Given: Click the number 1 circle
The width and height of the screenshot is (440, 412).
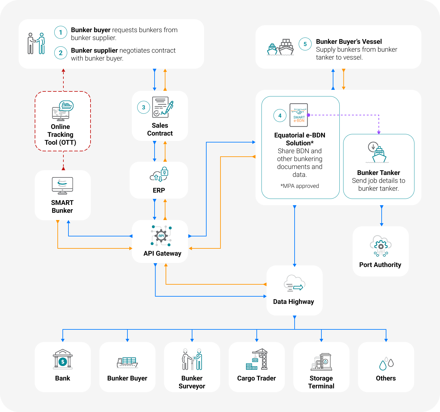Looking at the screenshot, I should tap(61, 32).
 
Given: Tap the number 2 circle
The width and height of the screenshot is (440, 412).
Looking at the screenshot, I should tap(61, 53).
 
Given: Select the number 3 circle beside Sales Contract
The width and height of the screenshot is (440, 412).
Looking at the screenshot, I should tap(144, 107).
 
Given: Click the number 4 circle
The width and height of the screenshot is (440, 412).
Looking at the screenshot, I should tap(280, 116).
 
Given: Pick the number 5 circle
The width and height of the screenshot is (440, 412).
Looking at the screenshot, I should tap(305, 44).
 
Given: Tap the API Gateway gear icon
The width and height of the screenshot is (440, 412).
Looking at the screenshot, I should tap(161, 236).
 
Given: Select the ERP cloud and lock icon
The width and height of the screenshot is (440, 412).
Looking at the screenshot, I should tap(159, 174).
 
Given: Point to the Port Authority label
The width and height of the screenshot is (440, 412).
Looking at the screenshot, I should tap(380, 265).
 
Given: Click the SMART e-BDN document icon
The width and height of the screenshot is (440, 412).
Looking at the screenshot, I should tap(299, 115).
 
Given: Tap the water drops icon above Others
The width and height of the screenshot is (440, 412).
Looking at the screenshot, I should tap(386, 364).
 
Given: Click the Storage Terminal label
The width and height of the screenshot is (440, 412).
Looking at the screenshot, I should tap(321, 382).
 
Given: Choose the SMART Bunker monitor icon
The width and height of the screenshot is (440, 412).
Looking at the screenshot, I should tap(62, 186).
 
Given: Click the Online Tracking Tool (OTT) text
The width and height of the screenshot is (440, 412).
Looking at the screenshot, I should tap(61, 135).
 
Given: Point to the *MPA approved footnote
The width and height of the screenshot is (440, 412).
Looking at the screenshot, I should tap(300, 186).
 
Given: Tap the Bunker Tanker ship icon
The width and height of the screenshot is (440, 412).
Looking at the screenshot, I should tap(378, 153).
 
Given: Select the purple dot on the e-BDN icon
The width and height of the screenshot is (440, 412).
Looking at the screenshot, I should tap(308, 115).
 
